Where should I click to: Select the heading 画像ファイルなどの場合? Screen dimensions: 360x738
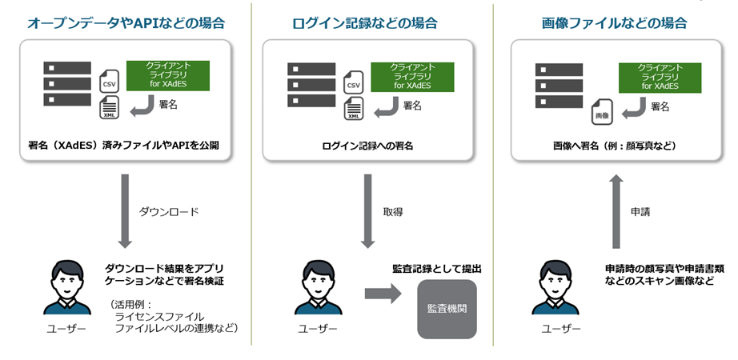[614, 23]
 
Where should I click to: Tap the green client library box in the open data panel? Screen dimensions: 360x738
[167, 75]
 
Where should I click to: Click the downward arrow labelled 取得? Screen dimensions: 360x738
[367, 210]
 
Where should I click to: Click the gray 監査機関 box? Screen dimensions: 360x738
[447, 308]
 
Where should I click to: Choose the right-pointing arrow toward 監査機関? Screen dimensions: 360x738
[383, 294]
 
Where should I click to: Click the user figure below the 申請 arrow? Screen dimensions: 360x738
[557, 286]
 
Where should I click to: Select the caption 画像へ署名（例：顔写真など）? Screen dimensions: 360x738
[615, 146]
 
